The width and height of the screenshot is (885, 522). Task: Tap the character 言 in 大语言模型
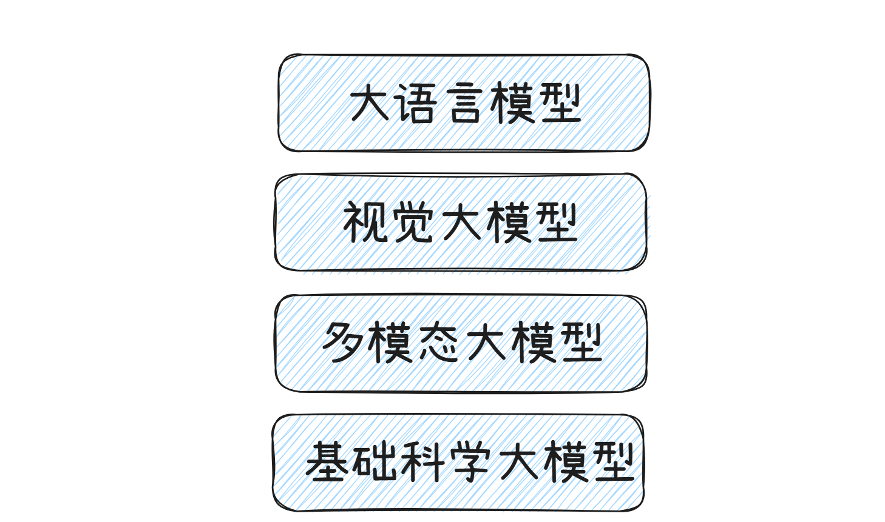[465, 103]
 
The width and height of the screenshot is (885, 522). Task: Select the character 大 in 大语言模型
[369, 103]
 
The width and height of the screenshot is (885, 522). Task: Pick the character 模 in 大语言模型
[514, 103]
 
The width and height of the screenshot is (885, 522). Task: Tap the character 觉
[413, 223]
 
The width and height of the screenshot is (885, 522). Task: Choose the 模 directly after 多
[390, 343]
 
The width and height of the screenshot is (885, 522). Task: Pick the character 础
[375, 462]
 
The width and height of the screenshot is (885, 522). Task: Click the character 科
[422, 462]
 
